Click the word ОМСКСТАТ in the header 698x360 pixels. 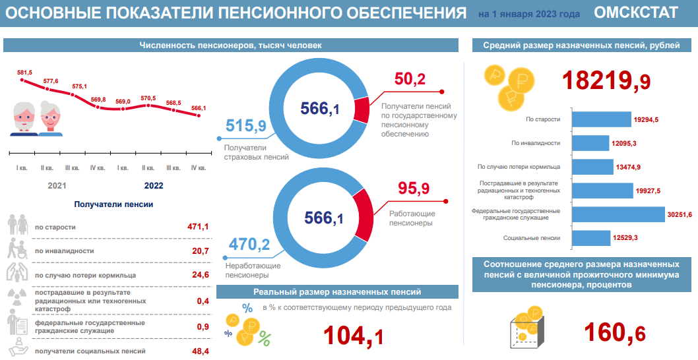click(x=635, y=13)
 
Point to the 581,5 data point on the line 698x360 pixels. click(x=23, y=80)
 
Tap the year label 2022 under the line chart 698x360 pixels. click(x=153, y=186)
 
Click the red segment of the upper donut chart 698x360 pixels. click(x=361, y=109)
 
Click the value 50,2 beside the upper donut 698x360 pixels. click(x=410, y=79)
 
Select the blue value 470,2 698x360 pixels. click(x=249, y=245)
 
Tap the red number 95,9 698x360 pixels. click(x=414, y=189)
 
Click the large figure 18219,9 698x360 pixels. click(x=606, y=80)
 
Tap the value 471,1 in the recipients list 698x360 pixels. click(x=198, y=227)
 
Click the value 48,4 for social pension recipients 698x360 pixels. click(x=201, y=351)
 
